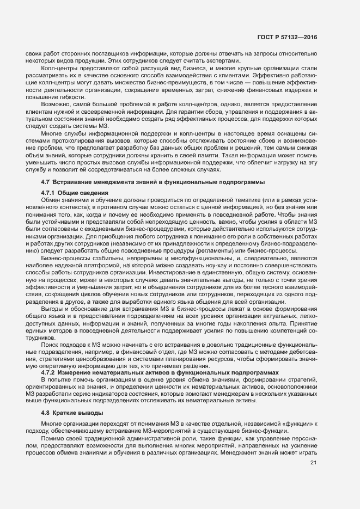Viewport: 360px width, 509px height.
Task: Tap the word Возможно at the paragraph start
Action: point(56,103)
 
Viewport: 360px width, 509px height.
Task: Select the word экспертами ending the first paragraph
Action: point(222,60)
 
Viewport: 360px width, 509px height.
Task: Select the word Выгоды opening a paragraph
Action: point(53,309)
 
